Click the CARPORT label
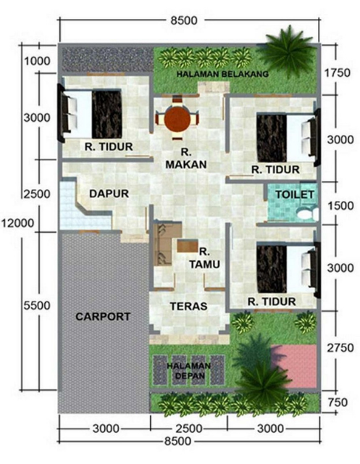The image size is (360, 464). [x=103, y=317]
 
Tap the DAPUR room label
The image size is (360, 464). [x=109, y=194]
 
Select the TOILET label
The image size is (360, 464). [x=295, y=194]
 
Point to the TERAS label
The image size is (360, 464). [x=188, y=306]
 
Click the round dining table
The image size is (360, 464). [x=177, y=119]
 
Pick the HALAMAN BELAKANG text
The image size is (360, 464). [x=222, y=74]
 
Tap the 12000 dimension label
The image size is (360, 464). [x=17, y=223]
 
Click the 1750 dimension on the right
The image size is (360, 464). [x=338, y=72]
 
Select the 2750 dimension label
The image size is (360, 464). [x=340, y=348]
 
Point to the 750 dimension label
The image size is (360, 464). [x=338, y=402]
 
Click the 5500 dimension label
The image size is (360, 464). [x=37, y=305]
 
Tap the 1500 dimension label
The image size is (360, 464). [x=340, y=206]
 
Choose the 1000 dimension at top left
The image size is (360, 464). [x=37, y=61]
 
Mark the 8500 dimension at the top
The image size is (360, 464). [x=184, y=20]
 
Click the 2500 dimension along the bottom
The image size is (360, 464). [x=189, y=428]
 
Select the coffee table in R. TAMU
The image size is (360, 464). [x=188, y=246]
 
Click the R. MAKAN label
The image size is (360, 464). [x=186, y=159]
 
